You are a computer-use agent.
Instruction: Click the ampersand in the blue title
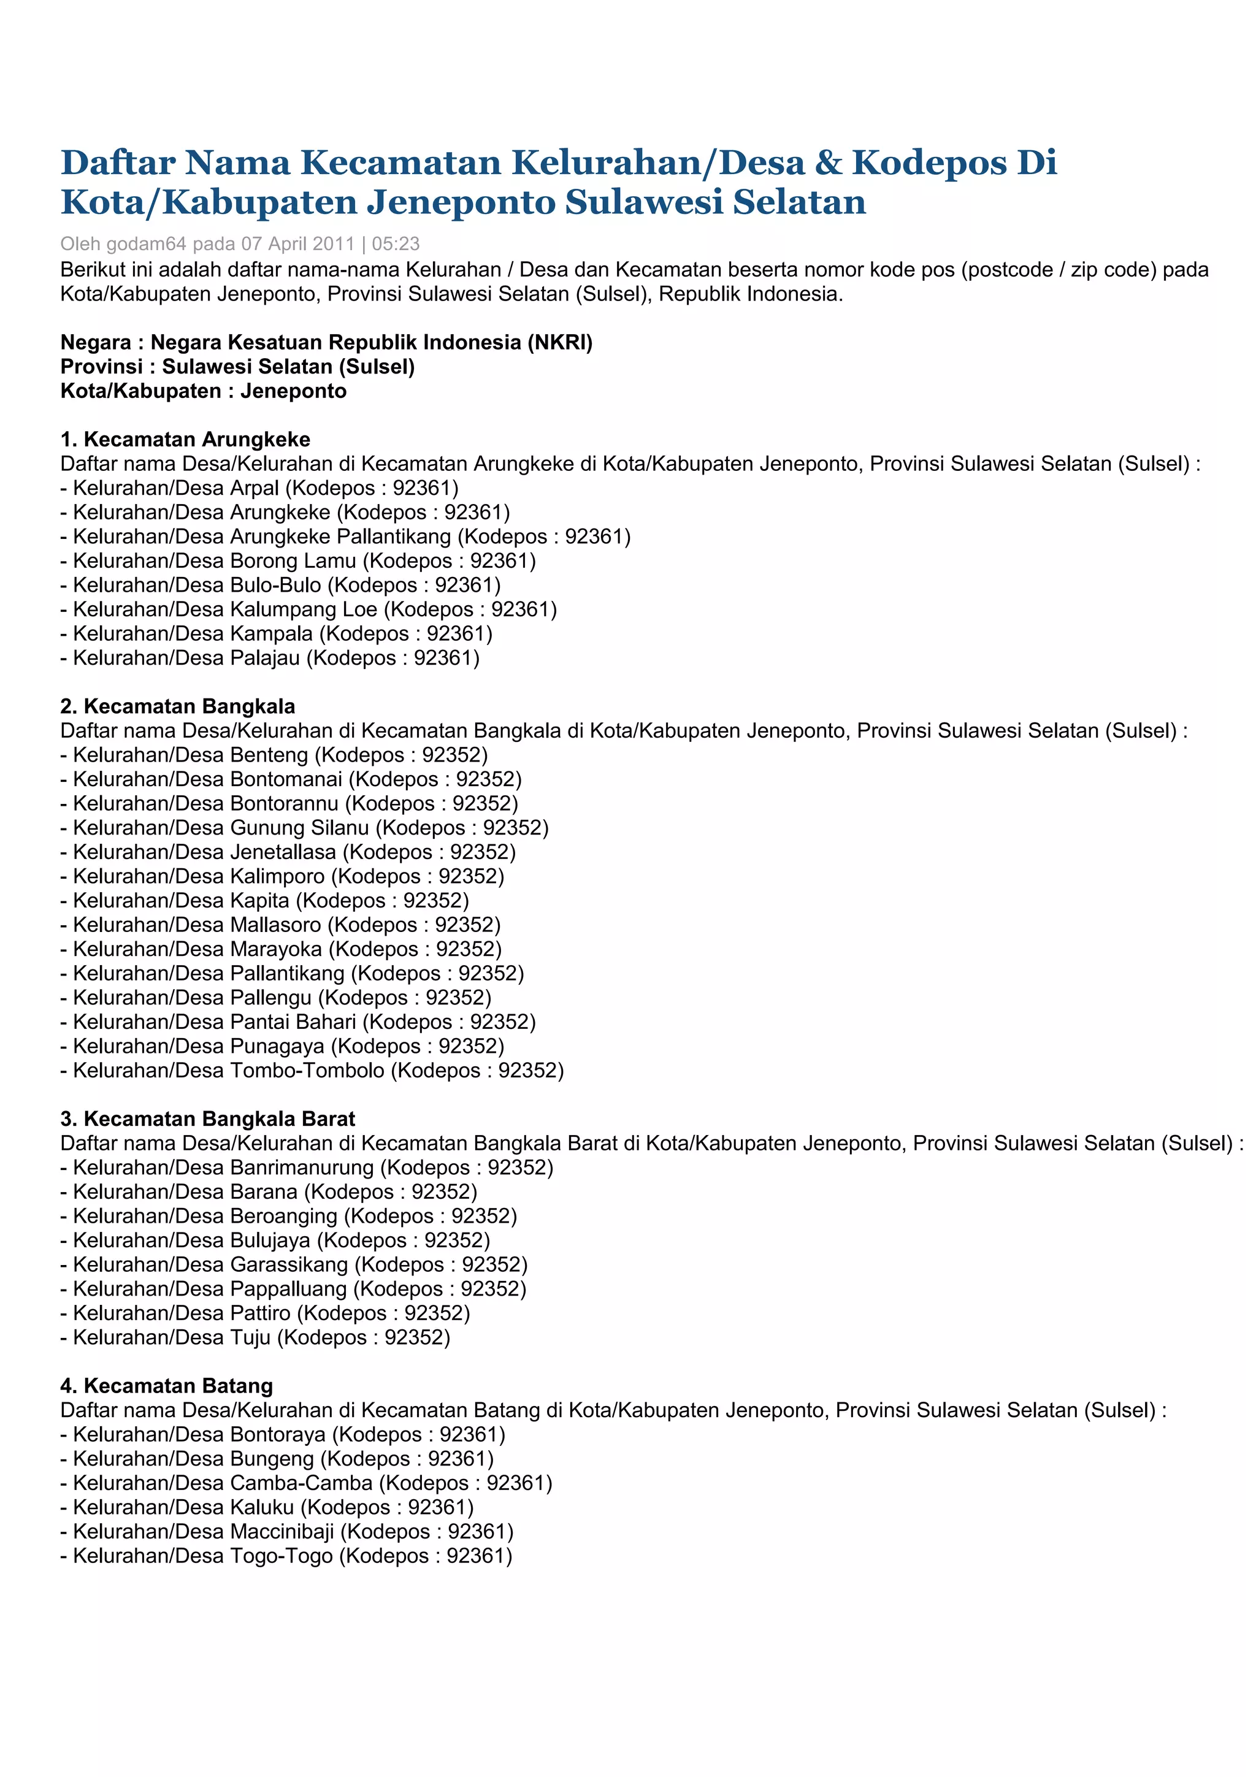pos(828,162)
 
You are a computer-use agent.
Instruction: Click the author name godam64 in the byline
pos(145,244)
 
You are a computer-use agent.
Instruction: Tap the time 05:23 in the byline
pos(396,244)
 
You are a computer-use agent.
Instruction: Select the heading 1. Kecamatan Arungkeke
pos(185,440)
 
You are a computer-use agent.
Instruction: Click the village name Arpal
pos(255,488)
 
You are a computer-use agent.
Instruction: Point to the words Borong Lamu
pos(293,561)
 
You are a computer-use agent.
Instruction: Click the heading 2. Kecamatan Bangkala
pos(178,706)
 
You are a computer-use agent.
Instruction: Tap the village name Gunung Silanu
pos(299,828)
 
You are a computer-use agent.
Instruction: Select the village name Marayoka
pos(275,950)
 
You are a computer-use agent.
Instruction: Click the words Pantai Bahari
pos(293,1022)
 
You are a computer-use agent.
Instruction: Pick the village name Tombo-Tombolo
pos(307,1071)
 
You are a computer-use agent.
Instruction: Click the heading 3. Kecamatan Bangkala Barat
pos(207,1119)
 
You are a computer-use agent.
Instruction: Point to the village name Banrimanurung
pos(302,1168)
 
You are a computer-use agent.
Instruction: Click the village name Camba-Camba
pos(301,1484)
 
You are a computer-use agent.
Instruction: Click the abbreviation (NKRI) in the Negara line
pos(561,342)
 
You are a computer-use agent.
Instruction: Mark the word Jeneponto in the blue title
pos(461,202)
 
